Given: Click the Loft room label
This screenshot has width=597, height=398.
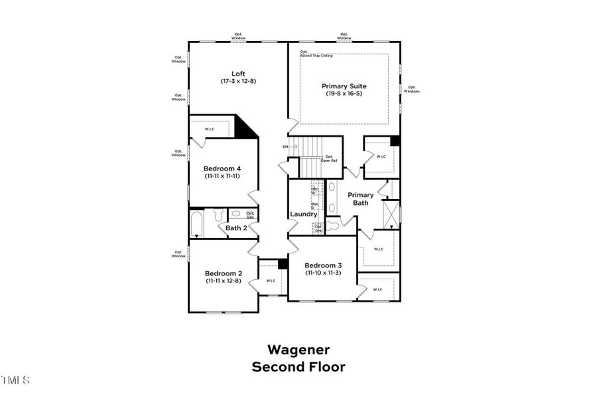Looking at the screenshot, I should click(238, 74).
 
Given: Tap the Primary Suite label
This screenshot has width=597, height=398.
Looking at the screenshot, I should click(344, 86).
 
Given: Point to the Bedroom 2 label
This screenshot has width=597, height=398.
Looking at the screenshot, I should click(223, 273).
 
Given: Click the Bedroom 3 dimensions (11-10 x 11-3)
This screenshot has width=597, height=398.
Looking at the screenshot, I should click(322, 273).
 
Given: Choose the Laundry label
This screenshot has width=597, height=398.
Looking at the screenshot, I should click(304, 214).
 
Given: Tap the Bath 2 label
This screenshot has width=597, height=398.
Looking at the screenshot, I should click(236, 228).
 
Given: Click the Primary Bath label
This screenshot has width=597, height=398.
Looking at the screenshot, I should click(360, 199).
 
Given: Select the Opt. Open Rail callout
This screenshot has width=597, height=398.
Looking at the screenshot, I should click(328, 158).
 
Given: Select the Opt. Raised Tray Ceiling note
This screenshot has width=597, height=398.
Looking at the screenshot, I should click(316, 54).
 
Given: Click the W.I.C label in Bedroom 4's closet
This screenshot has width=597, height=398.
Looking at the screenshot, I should click(210, 129).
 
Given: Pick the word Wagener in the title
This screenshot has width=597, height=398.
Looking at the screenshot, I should click(298, 349).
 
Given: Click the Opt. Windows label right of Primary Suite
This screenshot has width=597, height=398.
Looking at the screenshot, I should click(411, 89).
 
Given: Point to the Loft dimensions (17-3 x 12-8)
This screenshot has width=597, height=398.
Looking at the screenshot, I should click(238, 81).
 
